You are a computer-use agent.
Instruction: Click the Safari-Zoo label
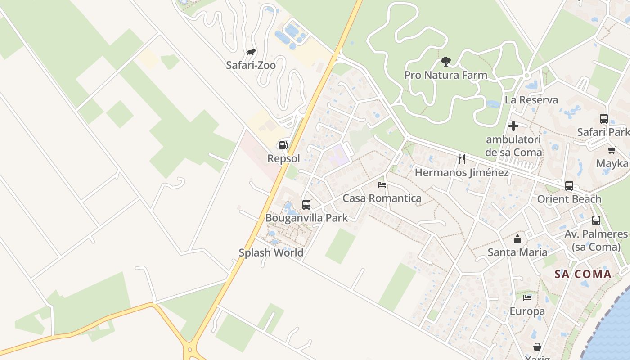click(x=251, y=65)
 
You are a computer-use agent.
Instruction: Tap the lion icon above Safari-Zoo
click(x=251, y=52)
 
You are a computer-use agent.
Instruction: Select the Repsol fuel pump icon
click(x=283, y=145)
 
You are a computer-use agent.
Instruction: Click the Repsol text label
click(x=283, y=159)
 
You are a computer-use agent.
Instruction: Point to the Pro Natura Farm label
click(x=445, y=75)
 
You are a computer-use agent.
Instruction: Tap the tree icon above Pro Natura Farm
click(x=445, y=61)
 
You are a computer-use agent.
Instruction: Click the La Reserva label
click(x=531, y=100)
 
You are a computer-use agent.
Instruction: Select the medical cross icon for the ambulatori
click(x=513, y=126)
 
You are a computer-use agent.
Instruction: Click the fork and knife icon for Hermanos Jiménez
click(x=461, y=158)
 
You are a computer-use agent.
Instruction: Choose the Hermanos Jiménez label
click(x=462, y=173)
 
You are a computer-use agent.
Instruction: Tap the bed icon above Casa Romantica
click(x=382, y=184)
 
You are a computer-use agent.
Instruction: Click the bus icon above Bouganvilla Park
click(x=306, y=204)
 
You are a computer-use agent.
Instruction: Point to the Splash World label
click(x=271, y=253)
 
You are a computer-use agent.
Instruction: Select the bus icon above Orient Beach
click(x=569, y=185)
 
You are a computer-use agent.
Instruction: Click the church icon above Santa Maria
click(x=517, y=238)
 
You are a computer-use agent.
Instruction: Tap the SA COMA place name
click(x=583, y=274)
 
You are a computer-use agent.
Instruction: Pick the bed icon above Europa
click(x=527, y=297)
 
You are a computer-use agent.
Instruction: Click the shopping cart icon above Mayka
click(x=612, y=150)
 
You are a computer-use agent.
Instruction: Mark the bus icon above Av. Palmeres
click(x=596, y=220)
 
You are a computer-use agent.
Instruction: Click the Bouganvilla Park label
click(x=306, y=218)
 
